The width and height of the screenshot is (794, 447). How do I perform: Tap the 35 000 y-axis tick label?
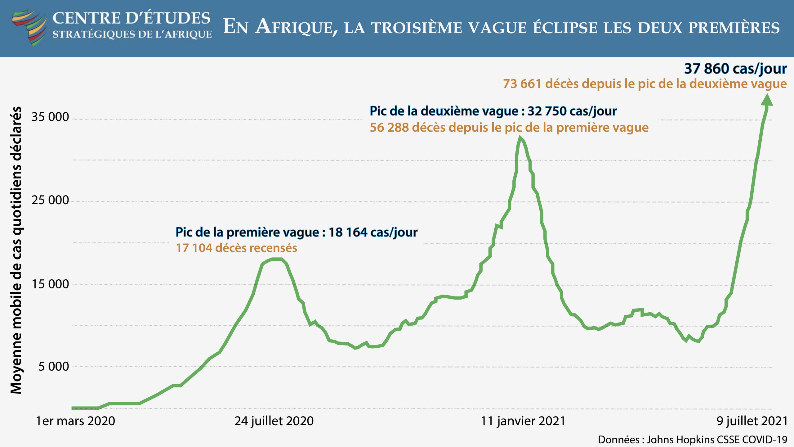[50, 117]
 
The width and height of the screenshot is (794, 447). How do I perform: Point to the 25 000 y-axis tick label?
[50, 200]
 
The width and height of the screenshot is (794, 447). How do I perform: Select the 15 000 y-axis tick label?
[50, 284]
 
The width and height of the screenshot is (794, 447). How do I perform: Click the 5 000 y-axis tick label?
[53, 366]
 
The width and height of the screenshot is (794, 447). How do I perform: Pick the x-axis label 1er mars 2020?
[75, 421]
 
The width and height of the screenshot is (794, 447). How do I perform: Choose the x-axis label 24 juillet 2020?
[274, 421]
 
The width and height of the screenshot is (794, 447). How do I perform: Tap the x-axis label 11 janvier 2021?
[523, 421]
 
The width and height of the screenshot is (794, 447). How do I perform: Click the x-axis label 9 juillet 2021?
[752, 421]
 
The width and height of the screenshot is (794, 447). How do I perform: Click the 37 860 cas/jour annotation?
[735, 69]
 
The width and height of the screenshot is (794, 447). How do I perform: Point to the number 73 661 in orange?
[522, 84]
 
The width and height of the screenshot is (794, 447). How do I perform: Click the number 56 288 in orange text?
[389, 128]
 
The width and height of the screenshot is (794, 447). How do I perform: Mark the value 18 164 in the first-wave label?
[347, 232]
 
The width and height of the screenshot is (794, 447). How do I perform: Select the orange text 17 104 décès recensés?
[236, 248]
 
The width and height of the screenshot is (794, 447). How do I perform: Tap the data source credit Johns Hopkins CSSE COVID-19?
[717, 440]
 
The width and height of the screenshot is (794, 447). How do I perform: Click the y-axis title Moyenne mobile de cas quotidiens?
[16, 250]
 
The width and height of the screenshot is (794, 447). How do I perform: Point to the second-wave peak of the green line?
[520, 138]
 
